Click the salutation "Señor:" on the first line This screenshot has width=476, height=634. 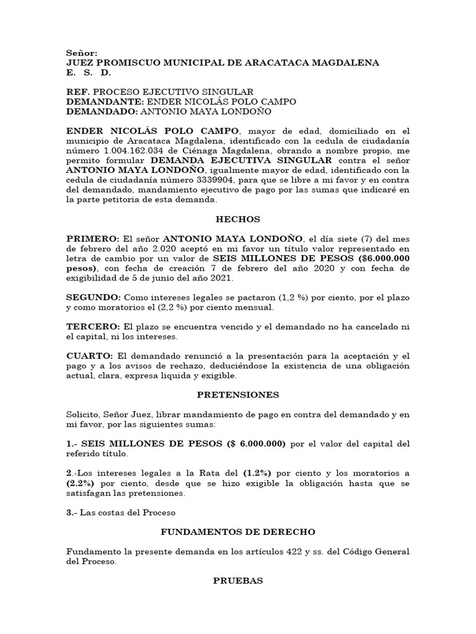coord(82,53)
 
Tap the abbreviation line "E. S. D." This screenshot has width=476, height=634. coord(88,72)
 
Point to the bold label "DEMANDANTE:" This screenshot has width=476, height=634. coord(104,102)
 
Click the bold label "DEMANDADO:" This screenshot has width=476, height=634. coord(102,111)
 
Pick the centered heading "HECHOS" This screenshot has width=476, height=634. coord(238,219)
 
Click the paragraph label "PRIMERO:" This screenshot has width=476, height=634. coord(92,239)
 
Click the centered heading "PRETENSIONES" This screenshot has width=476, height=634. coord(238,394)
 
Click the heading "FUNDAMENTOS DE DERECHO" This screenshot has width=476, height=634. coord(238,531)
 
